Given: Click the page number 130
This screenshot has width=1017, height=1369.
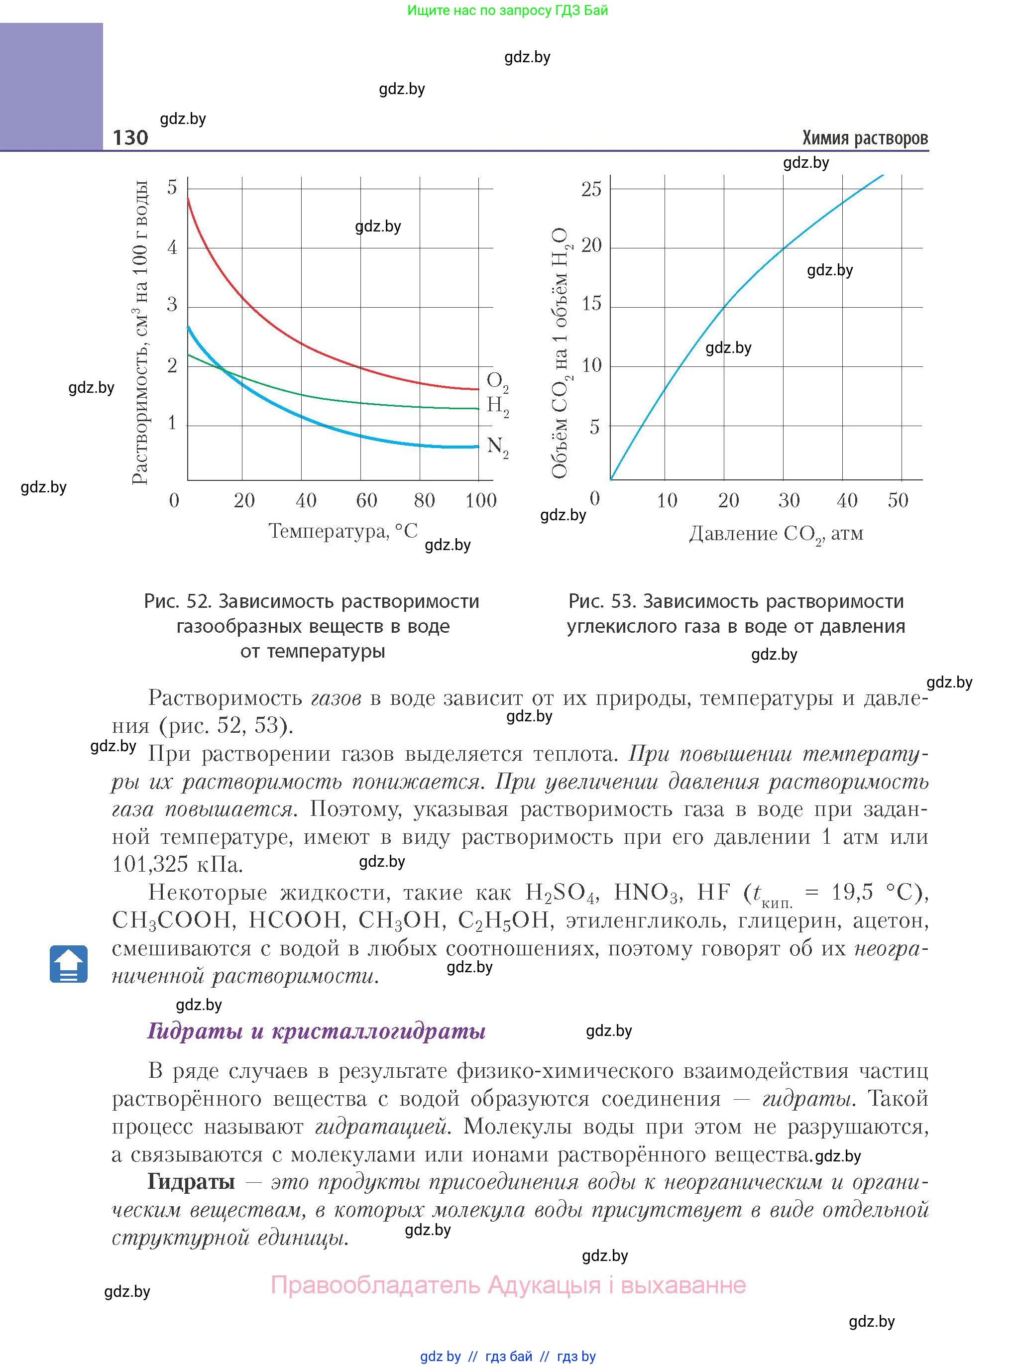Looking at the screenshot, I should click(130, 137).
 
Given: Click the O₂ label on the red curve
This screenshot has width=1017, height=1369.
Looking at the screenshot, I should click(497, 382).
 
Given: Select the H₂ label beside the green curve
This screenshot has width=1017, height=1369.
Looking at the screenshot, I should click(497, 406).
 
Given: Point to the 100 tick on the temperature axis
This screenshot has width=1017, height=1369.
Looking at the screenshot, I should click(480, 500).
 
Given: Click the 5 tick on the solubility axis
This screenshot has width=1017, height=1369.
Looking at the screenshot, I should click(172, 187).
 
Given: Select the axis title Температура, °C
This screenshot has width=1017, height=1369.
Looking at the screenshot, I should click(343, 531).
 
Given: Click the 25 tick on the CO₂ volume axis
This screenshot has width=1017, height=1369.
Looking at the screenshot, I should click(591, 189).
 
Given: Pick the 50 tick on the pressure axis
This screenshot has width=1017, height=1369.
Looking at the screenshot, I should click(898, 500).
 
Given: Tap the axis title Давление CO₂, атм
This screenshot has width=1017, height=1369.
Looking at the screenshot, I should click(776, 534).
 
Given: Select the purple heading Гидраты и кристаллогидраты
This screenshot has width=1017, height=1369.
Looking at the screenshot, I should click(317, 1030).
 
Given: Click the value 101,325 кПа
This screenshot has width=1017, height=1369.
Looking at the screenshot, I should click(177, 864).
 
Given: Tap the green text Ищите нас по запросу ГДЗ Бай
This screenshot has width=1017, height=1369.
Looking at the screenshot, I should click(507, 10).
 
